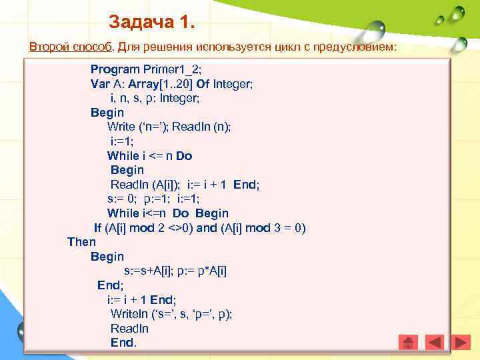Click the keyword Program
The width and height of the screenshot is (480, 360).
pyautogui.click(x=115, y=69)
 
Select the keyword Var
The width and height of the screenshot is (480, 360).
pyautogui.click(x=100, y=84)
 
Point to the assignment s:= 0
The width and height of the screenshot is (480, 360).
pyautogui.click(x=123, y=199)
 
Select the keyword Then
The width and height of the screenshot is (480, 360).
pyautogui.click(x=81, y=242)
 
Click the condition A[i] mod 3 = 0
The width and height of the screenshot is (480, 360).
pyautogui.click(x=263, y=228)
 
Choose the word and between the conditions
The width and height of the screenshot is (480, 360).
pyautogui.click(x=207, y=228)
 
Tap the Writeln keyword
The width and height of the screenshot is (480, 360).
pyautogui.click(x=129, y=314)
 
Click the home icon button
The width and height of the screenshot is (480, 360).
pyautogui.click(x=408, y=342)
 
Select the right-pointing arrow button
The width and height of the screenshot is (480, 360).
pyautogui.click(x=460, y=342)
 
